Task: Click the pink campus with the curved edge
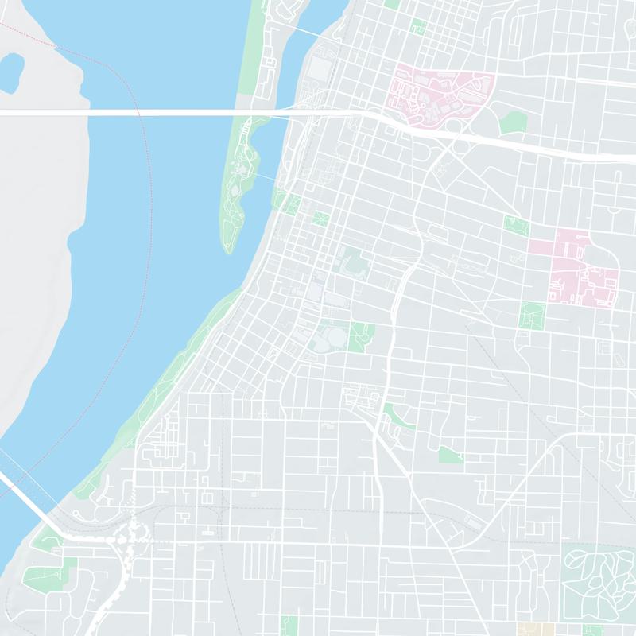tap(433, 95)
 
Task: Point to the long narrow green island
tap(237, 183)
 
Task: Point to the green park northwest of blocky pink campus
tap(516, 226)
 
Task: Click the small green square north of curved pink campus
tap(417, 26)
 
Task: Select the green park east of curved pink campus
tap(513, 121)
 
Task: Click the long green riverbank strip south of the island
tap(175, 374)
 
